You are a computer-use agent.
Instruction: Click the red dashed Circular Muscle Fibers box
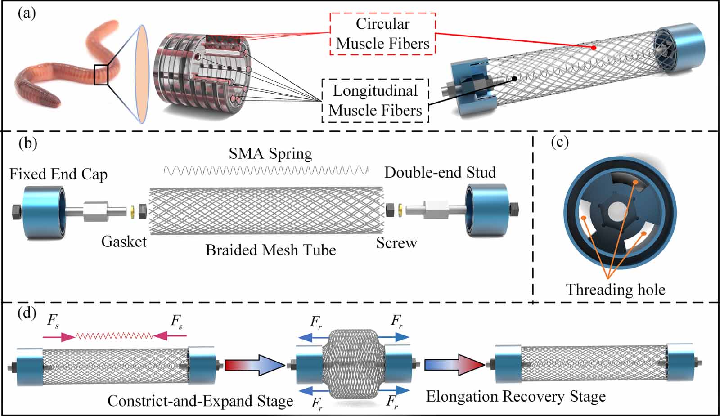(382, 34)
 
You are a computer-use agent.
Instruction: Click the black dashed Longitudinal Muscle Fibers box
(375, 101)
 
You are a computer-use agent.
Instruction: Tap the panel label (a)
(27, 13)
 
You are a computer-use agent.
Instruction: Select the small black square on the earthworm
(101, 75)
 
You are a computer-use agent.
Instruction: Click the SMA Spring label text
(270, 154)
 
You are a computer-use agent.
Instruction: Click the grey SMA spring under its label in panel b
(265, 170)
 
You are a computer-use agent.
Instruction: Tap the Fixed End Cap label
(58, 174)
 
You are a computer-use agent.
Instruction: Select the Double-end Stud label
(440, 172)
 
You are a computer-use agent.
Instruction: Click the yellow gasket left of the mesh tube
(132, 211)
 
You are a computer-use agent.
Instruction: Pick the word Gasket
(124, 242)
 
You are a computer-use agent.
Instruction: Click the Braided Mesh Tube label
(270, 250)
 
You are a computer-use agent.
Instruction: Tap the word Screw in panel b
(396, 243)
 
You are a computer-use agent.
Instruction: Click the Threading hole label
(615, 289)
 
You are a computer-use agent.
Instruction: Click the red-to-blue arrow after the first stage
(255, 365)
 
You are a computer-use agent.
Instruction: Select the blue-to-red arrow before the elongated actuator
(454, 364)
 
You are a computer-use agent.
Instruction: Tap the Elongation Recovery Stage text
(516, 397)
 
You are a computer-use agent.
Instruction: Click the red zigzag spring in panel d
(114, 336)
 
